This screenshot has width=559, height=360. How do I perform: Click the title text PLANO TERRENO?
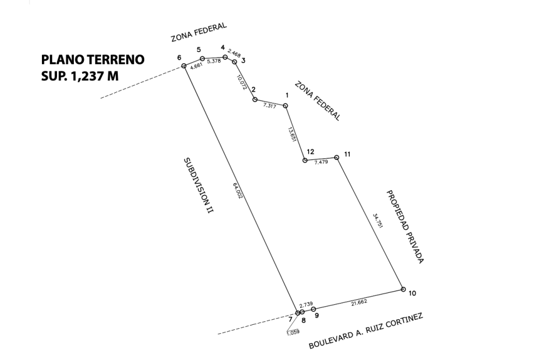93,59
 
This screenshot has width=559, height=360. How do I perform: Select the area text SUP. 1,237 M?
80,76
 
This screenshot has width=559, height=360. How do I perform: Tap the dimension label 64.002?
238,190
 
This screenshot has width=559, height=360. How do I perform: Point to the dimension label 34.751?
377,221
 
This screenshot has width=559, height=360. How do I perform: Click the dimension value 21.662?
359,303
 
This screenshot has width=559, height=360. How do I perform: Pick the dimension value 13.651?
292,134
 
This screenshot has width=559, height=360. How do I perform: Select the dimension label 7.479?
321,162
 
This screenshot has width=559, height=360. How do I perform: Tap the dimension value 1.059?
293,332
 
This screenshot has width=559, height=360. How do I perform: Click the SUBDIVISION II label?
198,186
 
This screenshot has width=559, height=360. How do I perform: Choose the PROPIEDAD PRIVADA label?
405,227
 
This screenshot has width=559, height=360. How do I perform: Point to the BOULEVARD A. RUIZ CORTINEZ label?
366,331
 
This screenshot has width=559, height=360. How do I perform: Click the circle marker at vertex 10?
403,290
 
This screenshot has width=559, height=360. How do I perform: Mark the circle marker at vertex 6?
184,65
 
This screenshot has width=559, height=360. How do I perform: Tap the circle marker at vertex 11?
337,157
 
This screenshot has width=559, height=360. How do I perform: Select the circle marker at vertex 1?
285,106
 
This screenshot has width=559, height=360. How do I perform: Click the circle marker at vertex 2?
255,100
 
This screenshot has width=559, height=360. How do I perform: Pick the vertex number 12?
310,152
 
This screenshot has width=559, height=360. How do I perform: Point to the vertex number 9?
316,315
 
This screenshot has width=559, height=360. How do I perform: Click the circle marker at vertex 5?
202,59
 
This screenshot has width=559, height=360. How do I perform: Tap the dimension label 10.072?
241,82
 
